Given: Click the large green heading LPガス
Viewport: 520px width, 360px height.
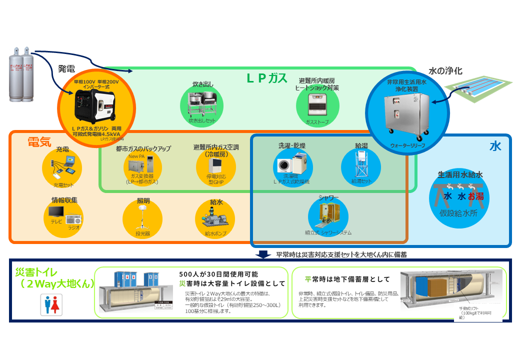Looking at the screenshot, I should tap(267, 78).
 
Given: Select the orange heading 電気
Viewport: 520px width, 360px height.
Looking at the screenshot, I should tap(39, 141).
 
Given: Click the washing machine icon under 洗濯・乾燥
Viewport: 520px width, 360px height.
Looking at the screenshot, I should tap(291, 164).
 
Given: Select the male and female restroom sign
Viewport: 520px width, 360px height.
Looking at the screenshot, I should tap(51, 304).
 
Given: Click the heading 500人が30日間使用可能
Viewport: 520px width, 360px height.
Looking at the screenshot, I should tap(218, 274).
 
